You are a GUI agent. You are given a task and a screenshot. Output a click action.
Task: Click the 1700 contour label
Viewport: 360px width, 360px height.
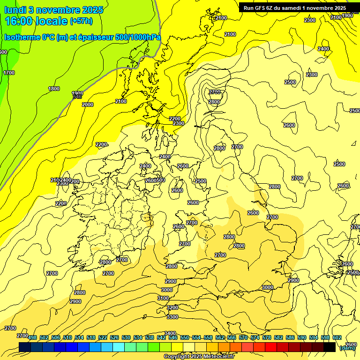click(x=9, y=73)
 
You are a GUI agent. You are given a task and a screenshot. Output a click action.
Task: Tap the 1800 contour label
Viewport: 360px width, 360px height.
click(x=54, y=89)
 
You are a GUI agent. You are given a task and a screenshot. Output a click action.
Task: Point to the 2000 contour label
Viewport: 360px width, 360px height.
click(x=88, y=105)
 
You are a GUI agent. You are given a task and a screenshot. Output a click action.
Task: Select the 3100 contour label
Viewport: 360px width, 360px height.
click(x=163, y=298)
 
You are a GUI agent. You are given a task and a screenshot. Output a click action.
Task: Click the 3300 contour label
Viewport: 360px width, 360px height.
click(x=172, y=317)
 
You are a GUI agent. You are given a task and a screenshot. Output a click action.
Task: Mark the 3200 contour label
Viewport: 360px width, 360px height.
click(x=172, y=307)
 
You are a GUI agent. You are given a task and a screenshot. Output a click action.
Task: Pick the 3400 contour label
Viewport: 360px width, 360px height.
click(x=170, y=333)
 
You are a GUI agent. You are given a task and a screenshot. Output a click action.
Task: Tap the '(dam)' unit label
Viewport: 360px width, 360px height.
click(x=347, y=348)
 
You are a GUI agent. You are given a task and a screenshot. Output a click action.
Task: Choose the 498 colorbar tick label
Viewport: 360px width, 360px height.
click(x=32, y=337)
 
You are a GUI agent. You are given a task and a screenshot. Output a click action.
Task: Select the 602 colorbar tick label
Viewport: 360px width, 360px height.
click(x=337, y=337)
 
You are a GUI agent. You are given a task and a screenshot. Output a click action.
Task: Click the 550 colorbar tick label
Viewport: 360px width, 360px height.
click(x=185, y=337)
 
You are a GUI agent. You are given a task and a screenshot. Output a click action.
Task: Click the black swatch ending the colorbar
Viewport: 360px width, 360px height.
click(x=330, y=347)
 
